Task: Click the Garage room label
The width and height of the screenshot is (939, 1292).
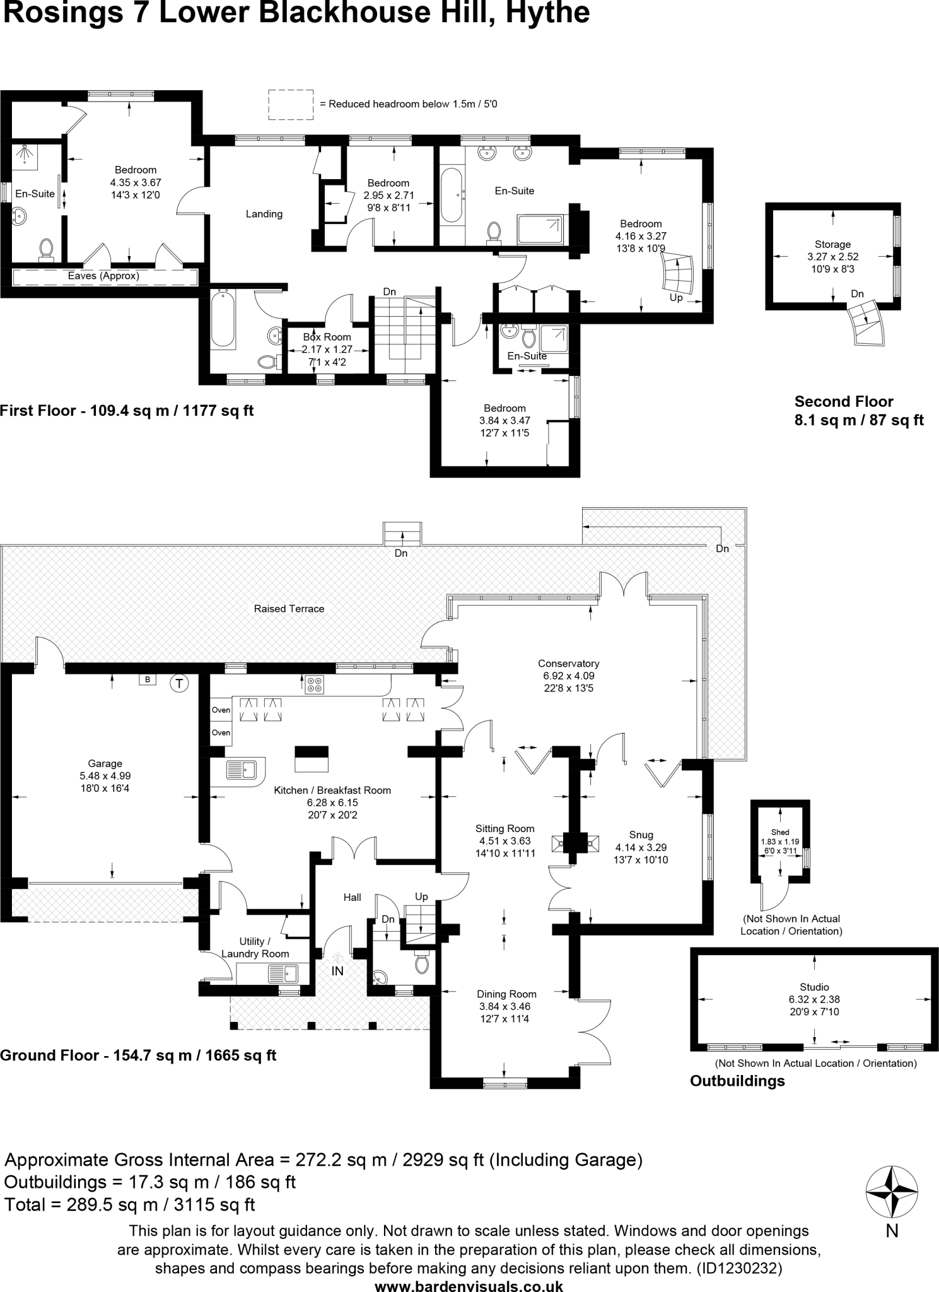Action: (x=105, y=763)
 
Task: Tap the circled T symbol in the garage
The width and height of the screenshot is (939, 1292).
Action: (x=180, y=683)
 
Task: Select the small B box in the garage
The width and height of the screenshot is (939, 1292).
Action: (x=148, y=679)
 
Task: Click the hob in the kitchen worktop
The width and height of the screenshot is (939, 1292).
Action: (x=314, y=684)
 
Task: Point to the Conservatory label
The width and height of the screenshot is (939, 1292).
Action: (x=568, y=663)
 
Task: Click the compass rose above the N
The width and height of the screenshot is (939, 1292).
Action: (x=892, y=1192)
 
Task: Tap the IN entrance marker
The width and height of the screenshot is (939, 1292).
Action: (x=337, y=971)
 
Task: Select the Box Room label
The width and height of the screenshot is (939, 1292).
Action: (x=327, y=337)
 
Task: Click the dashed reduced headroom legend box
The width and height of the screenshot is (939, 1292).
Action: (x=291, y=104)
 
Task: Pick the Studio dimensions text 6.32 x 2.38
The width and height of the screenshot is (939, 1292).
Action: (x=814, y=999)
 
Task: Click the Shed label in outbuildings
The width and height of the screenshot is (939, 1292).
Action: (x=780, y=832)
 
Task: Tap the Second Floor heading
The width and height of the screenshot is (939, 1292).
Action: (x=844, y=401)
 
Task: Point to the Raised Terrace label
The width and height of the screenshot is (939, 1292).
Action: (x=289, y=609)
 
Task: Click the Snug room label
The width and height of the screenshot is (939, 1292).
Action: (x=641, y=835)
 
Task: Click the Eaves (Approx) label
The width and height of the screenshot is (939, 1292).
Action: (x=103, y=276)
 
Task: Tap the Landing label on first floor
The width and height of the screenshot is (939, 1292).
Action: (x=264, y=214)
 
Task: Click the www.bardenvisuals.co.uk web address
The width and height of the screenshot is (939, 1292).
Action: (x=469, y=1285)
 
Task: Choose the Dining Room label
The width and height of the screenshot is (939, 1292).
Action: (x=506, y=994)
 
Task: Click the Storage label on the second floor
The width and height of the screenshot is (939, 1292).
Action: (x=832, y=244)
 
